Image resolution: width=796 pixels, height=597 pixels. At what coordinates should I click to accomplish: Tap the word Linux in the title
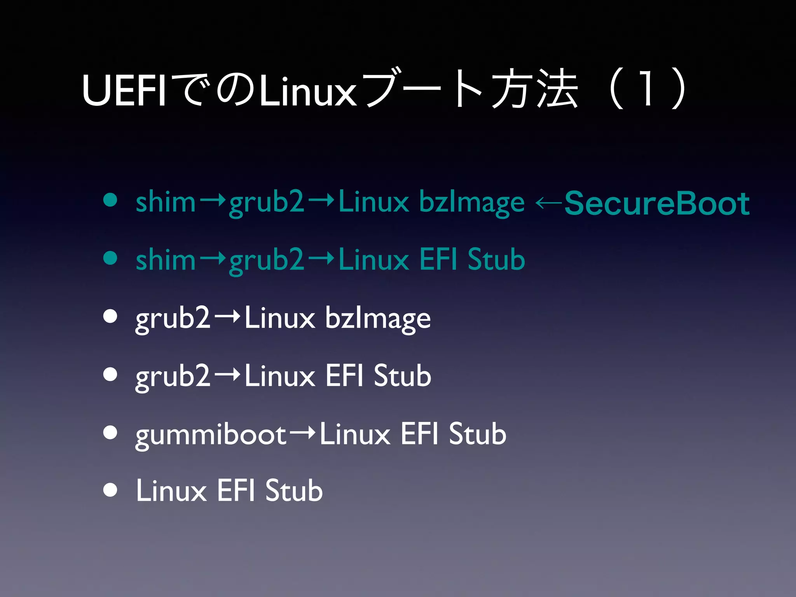[307, 91]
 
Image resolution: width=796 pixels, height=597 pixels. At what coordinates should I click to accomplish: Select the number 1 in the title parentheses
[646, 89]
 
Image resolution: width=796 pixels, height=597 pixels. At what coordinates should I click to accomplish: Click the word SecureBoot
[656, 203]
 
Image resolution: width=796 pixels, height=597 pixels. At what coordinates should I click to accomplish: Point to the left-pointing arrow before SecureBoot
[548, 202]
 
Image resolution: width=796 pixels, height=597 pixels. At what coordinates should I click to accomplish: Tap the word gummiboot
[211, 435]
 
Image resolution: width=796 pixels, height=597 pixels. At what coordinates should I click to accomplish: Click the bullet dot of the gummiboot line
[110, 432]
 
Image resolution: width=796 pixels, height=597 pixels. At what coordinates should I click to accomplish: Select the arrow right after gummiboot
[302, 433]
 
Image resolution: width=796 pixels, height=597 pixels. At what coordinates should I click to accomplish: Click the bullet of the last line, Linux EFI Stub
[110, 490]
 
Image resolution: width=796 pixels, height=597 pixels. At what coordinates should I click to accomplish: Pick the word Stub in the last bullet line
[294, 491]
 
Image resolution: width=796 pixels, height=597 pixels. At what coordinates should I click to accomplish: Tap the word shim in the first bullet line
[165, 202]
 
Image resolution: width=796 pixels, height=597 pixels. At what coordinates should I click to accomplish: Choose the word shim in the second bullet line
[165, 260]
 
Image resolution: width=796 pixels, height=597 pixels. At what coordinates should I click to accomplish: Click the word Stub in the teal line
[496, 260]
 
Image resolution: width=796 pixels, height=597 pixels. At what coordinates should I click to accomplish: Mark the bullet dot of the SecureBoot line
[110, 200]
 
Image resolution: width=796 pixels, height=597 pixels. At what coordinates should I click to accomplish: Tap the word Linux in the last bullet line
[171, 491]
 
